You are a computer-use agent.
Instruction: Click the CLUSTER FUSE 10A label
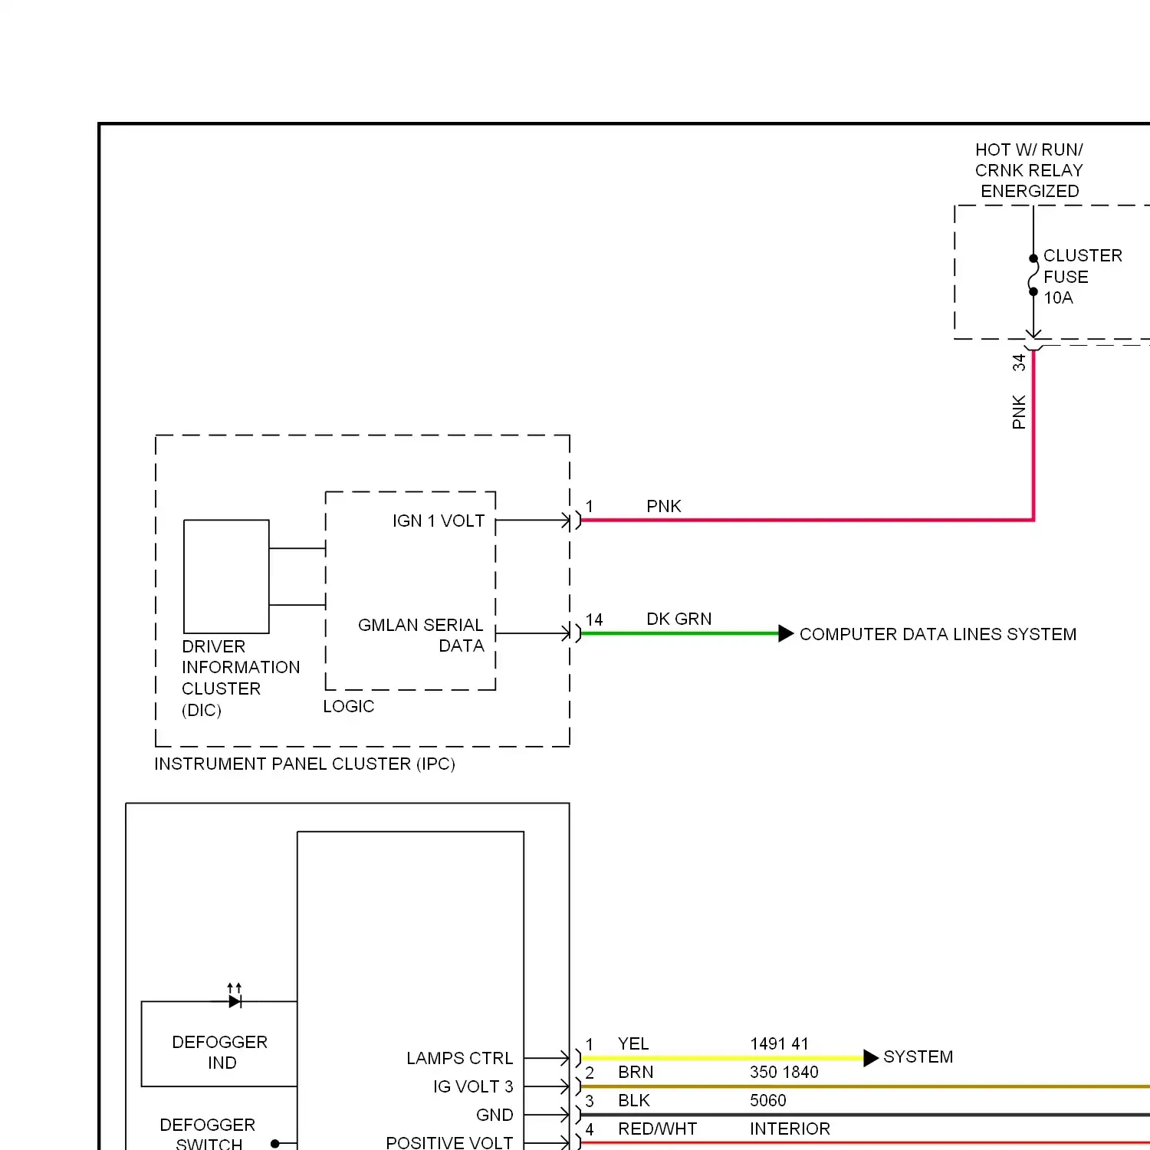click(x=1081, y=277)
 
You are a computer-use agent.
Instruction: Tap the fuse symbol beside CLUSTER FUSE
click(x=1033, y=275)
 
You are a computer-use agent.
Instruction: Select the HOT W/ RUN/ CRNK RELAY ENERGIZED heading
click(x=1029, y=170)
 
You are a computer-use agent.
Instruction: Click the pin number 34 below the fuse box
click(x=1019, y=363)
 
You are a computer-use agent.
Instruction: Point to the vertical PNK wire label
click(x=1019, y=412)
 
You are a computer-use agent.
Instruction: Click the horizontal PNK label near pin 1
click(x=663, y=506)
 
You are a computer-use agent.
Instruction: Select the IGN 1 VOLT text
click(x=439, y=521)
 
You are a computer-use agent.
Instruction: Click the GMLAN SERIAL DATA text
click(x=421, y=635)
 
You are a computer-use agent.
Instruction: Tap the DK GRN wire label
click(x=678, y=619)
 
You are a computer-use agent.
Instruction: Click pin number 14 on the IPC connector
click(x=594, y=619)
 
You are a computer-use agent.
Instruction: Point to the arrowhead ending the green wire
click(x=786, y=633)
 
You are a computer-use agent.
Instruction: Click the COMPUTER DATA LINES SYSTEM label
click(x=938, y=634)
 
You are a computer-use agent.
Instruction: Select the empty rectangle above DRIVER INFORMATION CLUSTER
click(x=226, y=577)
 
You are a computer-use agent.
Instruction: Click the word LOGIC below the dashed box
click(x=349, y=706)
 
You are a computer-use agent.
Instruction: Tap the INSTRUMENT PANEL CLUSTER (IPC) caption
click(x=304, y=764)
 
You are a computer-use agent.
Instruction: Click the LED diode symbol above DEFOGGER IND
click(x=235, y=1001)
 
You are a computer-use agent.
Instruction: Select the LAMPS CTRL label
click(x=459, y=1058)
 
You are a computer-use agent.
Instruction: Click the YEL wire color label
click(x=633, y=1043)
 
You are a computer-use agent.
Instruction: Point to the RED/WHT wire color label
click(x=657, y=1129)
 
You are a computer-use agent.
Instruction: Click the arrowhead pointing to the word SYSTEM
click(x=870, y=1058)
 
